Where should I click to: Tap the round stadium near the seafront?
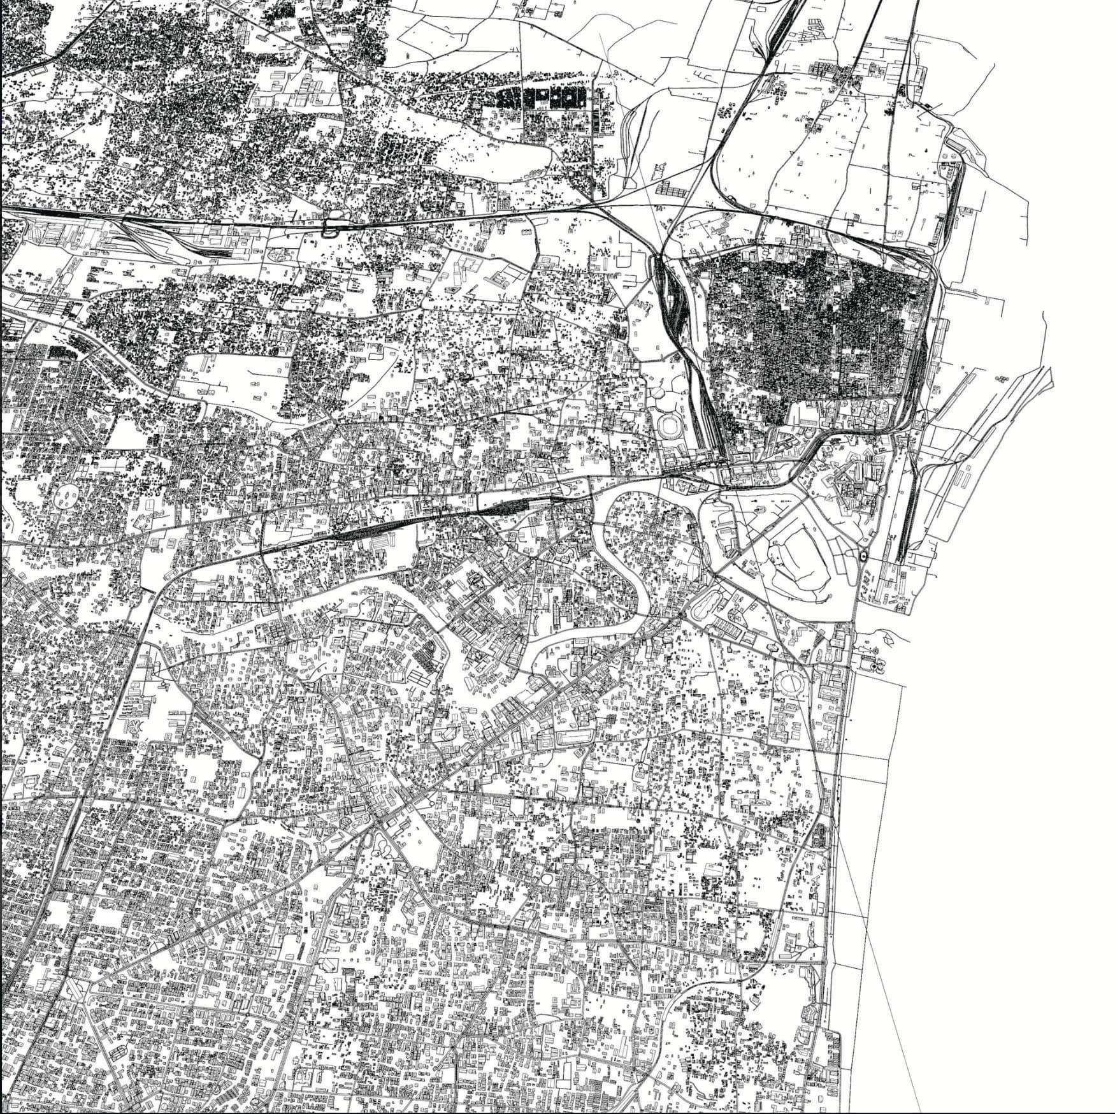click(791, 684)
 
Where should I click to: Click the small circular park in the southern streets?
click(547, 878)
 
